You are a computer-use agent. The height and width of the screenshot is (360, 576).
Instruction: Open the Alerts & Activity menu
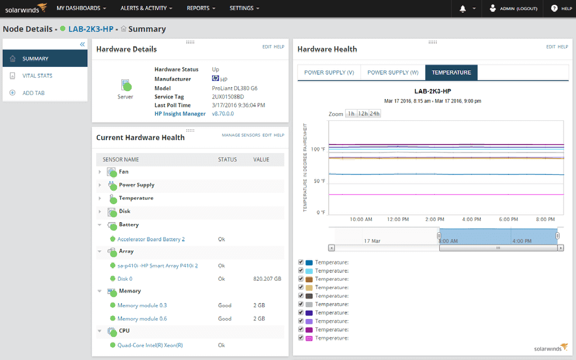pyautogui.click(x=146, y=8)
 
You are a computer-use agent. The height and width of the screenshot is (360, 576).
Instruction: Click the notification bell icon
pyautogui.click(x=463, y=8)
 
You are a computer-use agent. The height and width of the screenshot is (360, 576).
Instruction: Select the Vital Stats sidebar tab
pyautogui.click(x=37, y=75)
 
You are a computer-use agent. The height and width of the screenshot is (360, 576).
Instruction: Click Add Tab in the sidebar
pyautogui.click(x=33, y=93)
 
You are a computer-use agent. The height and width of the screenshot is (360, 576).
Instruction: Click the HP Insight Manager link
pyautogui.click(x=179, y=114)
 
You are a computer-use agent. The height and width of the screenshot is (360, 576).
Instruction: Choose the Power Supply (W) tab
pyautogui.click(x=393, y=73)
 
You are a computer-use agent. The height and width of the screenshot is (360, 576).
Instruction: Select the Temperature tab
pyautogui.click(x=451, y=73)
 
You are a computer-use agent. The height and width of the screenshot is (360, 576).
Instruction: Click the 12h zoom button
pyautogui.click(x=362, y=114)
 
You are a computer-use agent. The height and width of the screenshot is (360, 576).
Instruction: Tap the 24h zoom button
pyautogui.click(x=375, y=114)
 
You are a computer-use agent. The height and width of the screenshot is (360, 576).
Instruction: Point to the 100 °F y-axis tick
pyautogui.click(x=319, y=150)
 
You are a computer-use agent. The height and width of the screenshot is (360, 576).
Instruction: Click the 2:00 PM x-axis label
pyautogui.click(x=435, y=219)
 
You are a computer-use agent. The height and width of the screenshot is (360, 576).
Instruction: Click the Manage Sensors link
pyautogui.click(x=241, y=136)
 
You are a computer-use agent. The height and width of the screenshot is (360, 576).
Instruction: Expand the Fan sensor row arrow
pyautogui.click(x=100, y=172)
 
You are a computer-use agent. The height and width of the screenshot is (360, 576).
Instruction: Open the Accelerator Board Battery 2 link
pyautogui.click(x=151, y=239)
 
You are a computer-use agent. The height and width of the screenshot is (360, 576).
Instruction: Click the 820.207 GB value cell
pyautogui.click(x=267, y=278)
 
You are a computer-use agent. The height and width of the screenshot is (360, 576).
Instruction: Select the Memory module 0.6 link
pyautogui.click(x=142, y=318)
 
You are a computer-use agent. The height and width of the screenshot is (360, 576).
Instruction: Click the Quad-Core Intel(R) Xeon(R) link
pyautogui.click(x=150, y=345)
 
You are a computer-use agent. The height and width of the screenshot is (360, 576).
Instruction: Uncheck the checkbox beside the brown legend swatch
pyautogui.click(x=301, y=279)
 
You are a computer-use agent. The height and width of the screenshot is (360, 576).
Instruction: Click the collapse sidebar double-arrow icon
pyautogui.click(x=82, y=44)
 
